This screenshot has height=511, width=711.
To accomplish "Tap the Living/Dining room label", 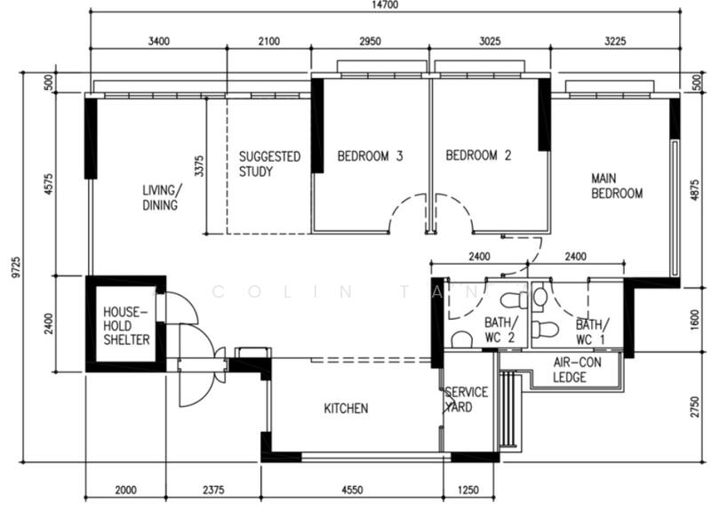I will coord(161,197).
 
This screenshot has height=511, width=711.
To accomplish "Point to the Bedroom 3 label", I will coord(371,156).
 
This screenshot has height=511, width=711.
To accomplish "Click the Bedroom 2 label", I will coord(478,156).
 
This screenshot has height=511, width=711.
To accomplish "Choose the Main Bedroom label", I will coord(617,186).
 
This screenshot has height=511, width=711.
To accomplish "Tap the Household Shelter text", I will coord(126,326).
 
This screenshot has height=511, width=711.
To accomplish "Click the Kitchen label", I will coord(346,409).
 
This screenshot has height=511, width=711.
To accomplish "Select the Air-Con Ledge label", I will coord(576,369).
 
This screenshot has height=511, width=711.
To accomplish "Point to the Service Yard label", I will coord(467,399).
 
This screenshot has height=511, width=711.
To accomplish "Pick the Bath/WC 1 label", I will coord(594,331).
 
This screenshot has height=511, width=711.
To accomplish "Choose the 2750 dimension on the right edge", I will coord(694,407).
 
